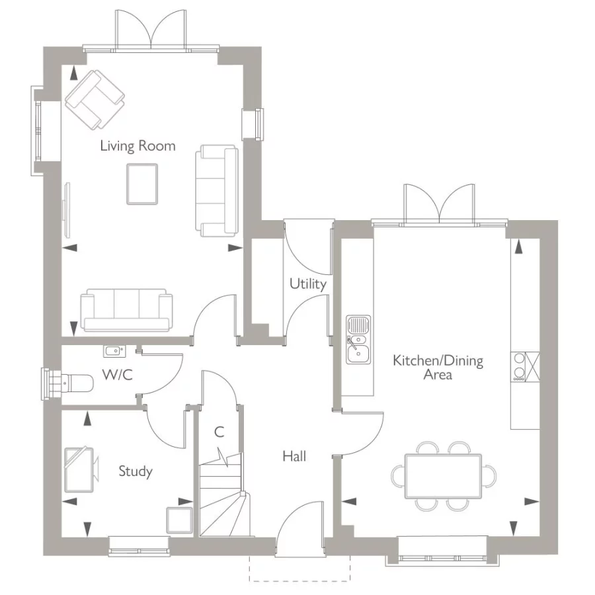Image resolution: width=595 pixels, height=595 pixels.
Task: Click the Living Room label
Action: (138, 145)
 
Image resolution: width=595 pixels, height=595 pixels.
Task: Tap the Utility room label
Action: (307, 284)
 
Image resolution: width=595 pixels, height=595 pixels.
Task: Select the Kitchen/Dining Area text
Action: (438, 368)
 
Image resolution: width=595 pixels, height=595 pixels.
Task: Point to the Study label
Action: (135, 471)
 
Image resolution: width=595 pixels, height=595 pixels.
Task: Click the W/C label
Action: (117, 375)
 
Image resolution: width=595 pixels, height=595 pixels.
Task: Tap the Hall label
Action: (294, 456)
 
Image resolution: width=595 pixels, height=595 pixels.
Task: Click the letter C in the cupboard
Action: (219, 433)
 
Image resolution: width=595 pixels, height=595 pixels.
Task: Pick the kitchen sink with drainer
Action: (359, 340)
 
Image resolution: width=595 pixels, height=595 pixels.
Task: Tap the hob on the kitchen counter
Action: (520, 367)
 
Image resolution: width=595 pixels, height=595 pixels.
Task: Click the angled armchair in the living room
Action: (95, 99)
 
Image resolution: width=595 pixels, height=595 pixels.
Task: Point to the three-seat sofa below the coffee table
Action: (127, 309)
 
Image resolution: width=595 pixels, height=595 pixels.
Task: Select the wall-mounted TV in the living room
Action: (66, 209)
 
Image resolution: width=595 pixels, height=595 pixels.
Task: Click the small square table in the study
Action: (179, 518)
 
